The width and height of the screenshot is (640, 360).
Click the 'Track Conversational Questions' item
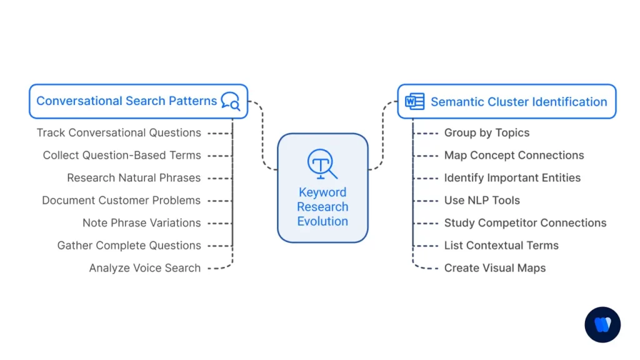pos(119,133)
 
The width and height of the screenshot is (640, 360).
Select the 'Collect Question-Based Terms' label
pos(122,156)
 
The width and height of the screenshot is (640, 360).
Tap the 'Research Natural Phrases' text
pos(134,178)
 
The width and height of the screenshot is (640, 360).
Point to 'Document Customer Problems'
pos(121,201)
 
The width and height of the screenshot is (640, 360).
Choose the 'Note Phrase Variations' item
pos(142,223)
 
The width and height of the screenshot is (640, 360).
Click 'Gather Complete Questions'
pos(129,246)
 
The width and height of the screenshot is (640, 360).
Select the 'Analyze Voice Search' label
pos(145,268)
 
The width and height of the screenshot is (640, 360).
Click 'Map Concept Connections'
pos(514,156)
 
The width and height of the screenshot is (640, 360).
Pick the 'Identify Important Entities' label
pos(512,178)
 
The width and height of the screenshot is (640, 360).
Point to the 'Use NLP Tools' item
pos(482,201)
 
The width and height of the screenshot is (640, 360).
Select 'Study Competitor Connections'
pos(525,223)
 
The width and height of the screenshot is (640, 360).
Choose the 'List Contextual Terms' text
pos(501,246)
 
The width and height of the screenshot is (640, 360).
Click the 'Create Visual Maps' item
pos(495,268)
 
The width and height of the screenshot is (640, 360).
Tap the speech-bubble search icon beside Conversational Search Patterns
pos(231,101)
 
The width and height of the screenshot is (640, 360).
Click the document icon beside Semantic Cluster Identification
pos(414,101)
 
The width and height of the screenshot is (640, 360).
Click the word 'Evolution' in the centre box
pos(322,221)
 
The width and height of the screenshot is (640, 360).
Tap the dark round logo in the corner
pos(602,325)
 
